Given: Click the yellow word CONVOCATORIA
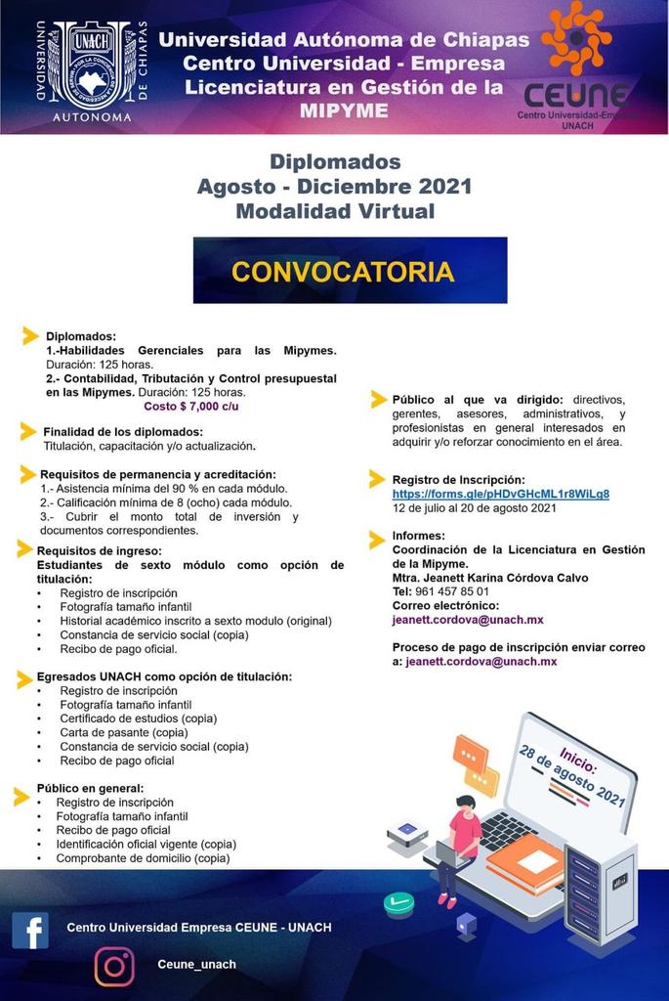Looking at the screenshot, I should coord(343,271).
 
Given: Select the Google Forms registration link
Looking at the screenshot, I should coord(500,494).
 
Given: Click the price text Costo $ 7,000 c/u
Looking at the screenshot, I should coord(190,406).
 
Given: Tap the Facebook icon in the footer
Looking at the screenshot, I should coord(30,930).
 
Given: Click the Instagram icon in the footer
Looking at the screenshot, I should coord(114,966).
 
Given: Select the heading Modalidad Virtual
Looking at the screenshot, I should coord(335,210).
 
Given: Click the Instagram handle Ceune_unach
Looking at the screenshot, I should coord(196,964).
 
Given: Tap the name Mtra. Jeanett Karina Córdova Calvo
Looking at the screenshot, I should coord(489,578).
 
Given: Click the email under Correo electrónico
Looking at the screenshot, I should coord(467,619).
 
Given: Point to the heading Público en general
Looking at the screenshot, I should coord(90,788).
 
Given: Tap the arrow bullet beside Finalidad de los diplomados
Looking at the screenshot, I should coord(29,431).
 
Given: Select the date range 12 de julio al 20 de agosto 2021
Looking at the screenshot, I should coord(474,508).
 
